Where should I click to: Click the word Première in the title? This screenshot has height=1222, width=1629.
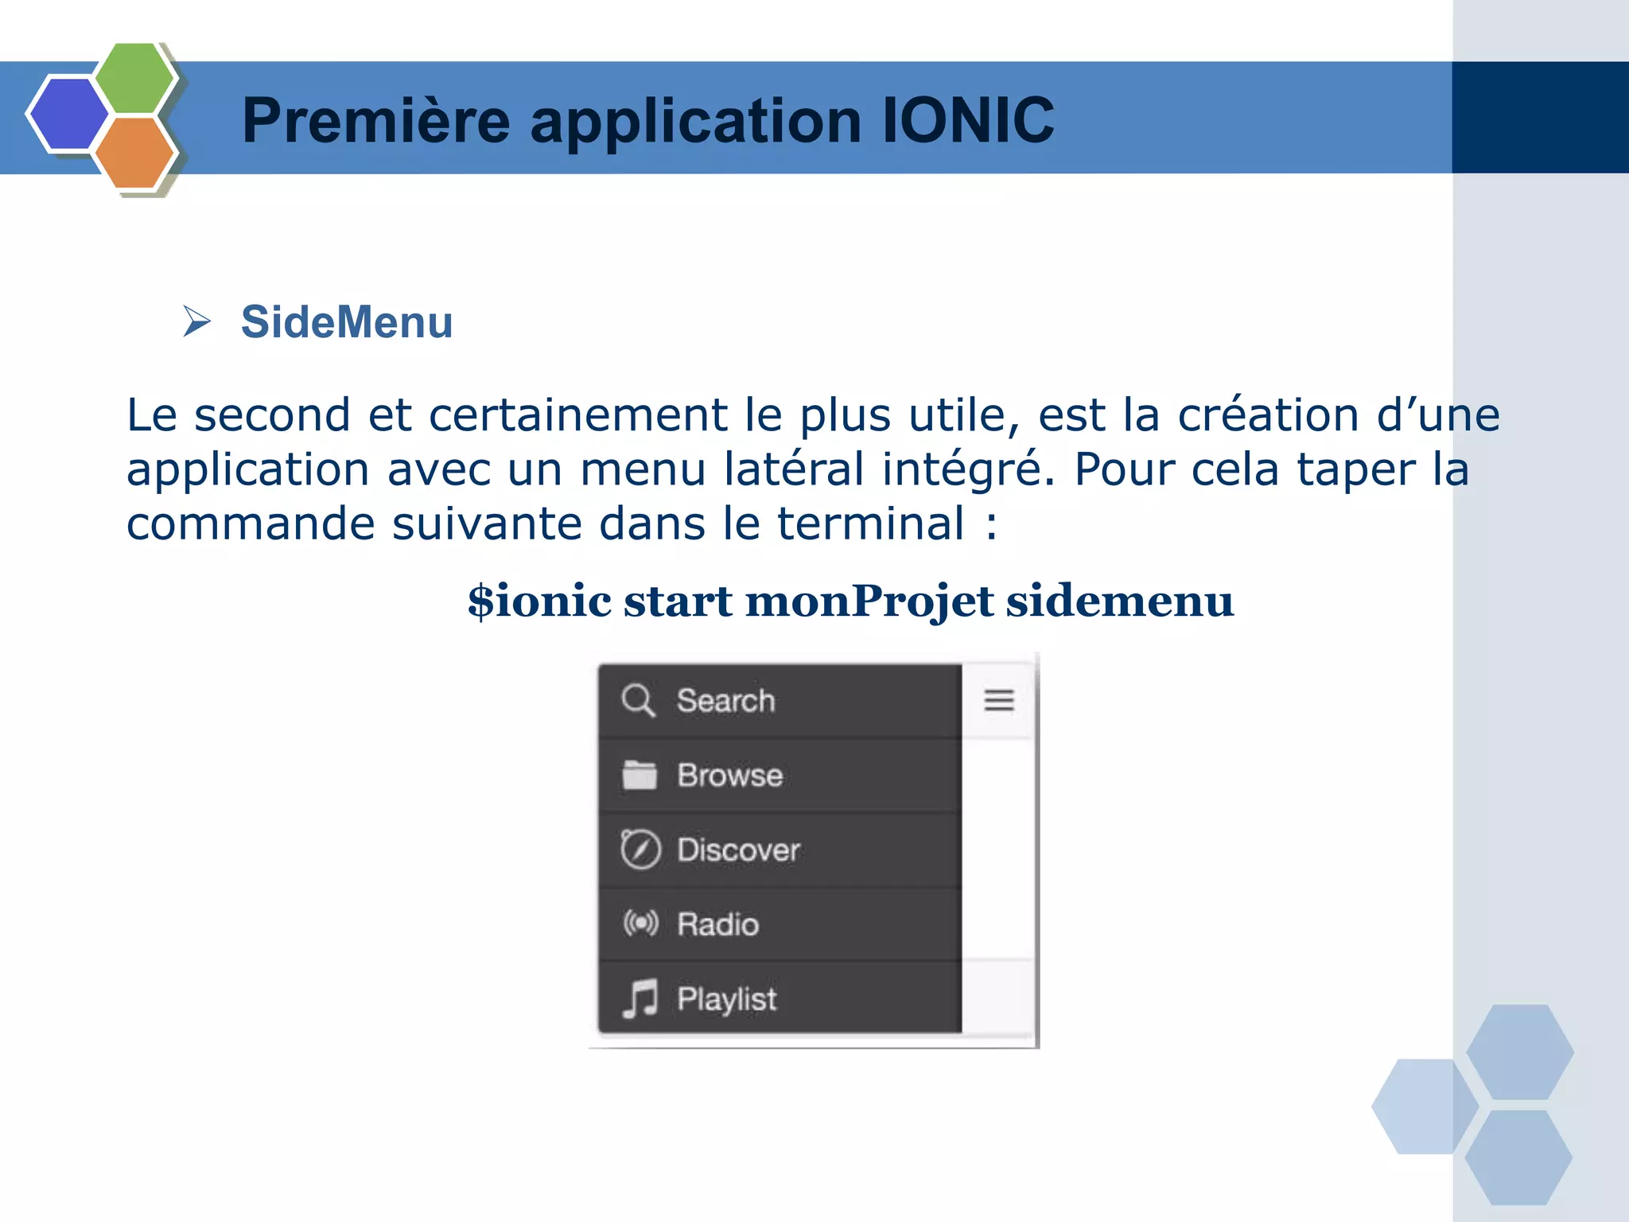pyautogui.click(x=375, y=121)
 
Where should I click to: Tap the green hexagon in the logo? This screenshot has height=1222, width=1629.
pyautogui.click(x=134, y=78)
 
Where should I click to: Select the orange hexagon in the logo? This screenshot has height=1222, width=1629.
pyautogui.click(x=134, y=153)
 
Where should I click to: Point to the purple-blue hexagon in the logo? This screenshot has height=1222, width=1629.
pyautogui.click(x=68, y=114)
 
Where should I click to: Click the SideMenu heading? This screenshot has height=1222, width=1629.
pyautogui.click(x=347, y=322)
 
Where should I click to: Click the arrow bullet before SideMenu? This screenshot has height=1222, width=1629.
pyautogui.click(x=196, y=321)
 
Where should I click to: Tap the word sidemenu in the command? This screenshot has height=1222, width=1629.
pyautogui.click(x=1120, y=601)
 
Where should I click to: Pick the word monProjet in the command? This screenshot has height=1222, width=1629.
pyautogui.click(x=869, y=602)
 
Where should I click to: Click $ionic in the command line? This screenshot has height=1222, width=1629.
pyautogui.click(x=539, y=601)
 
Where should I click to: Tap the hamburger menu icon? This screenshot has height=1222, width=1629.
pyautogui.click(x=999, y=700)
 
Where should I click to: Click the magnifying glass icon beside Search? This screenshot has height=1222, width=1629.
pyautogui.click(x=638, y=701)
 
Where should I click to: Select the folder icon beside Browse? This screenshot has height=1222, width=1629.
pyautogui.click(x=640, y=775)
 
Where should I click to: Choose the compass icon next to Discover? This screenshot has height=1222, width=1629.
pyautogui.click(x=640, y=849)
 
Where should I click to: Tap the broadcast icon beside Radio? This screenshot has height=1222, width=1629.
pyautogui.click(x=640, y=924)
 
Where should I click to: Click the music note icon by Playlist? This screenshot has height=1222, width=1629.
pyautogui.click(x=640, y=998)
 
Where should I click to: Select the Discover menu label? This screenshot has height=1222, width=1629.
pyautogui.click(x=738, y=850)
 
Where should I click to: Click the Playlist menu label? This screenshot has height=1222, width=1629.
pyautogui.click(x=726, y=999)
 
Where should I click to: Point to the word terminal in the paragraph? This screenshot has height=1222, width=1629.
pyautogui.click(x=870, y=524)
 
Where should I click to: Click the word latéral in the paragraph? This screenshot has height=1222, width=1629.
pyautogui.click(x=793, y=469)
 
